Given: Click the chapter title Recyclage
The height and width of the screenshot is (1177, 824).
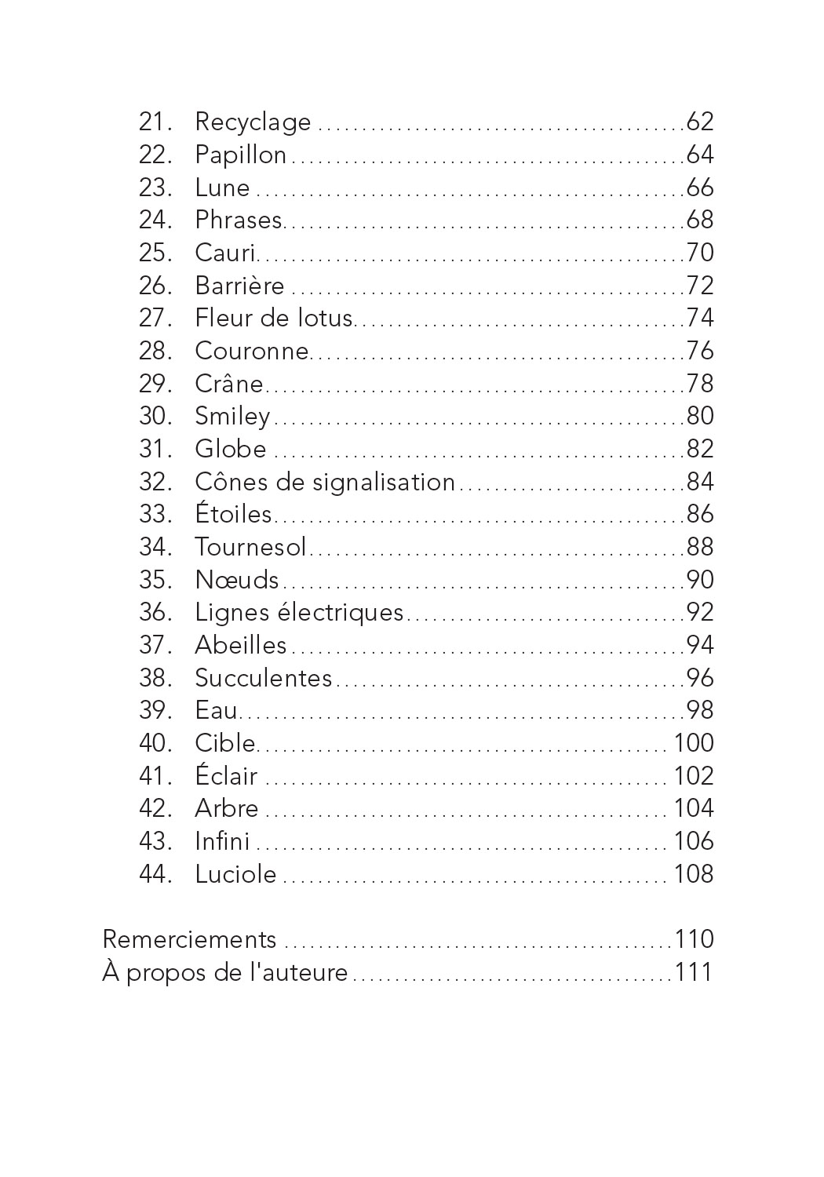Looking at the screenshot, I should (x=253, y=122).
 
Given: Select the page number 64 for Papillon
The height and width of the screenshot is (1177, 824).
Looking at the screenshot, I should (x=700, y=155).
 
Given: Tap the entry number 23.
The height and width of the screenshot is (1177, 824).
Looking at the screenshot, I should (x=155, y=188).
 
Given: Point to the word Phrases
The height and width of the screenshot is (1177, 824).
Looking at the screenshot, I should (x=238, y=220).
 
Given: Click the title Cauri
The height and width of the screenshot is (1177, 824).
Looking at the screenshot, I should (x=225, y=253).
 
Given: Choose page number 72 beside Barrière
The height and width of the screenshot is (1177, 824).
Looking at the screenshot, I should (x=700, y=286).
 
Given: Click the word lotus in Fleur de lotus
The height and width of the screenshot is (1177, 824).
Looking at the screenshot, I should (x=325, y=318).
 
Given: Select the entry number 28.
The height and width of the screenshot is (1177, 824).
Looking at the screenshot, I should (x=155, y=351).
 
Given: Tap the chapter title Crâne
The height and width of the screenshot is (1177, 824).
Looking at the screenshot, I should (x=228, y=384).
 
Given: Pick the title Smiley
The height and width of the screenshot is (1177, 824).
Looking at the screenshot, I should (x=232, y=417).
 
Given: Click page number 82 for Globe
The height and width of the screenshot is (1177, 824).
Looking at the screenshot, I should (x=700, y=449).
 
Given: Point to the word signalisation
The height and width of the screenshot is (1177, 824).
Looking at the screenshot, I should (x=384, y=482).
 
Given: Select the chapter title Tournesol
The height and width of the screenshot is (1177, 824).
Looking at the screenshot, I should (x=250, y=547).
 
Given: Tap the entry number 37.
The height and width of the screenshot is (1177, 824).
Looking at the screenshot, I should (x=155, y=645).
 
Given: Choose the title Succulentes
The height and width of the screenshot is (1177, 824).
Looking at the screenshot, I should (x=264, y=678).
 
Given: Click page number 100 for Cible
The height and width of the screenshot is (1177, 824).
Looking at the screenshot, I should (x=694, y=743).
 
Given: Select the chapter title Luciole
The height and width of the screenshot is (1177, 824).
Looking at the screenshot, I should (x=235, y=874).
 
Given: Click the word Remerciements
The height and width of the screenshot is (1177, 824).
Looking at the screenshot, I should (x=190, y=940).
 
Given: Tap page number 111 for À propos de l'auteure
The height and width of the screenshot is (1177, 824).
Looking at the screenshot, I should (x=694, y=973).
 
